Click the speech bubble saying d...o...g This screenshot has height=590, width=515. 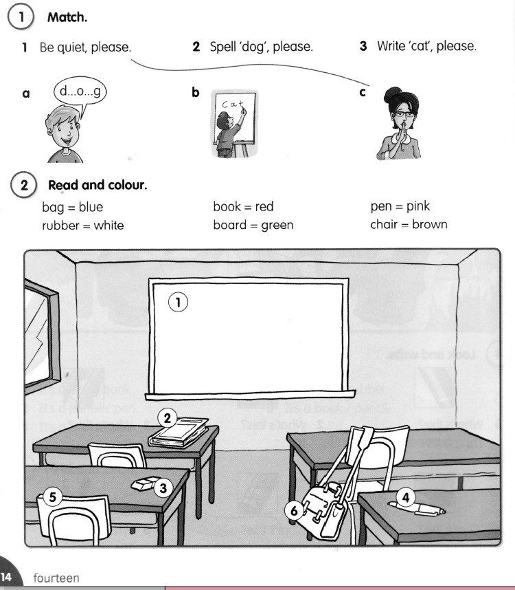pos(80,92)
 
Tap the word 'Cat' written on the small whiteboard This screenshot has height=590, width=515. pos(233,104)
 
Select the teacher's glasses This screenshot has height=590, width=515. pos(404,114)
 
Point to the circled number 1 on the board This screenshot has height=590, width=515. pos(178,302)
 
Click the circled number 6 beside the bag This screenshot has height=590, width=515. pos(294,511)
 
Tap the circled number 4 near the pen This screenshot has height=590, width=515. pos(406,497)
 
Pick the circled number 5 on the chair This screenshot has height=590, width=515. pos(53,496)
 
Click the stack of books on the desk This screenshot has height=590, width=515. pos(179,433)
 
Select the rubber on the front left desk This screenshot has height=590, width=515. pos(145,484)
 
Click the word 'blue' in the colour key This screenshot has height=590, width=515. pos(91,207)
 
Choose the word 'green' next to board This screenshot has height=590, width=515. pos(277,226)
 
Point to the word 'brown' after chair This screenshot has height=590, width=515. pos(430,224)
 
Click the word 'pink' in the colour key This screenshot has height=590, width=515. pos(418,206)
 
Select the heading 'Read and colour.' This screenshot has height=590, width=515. pos(98,185)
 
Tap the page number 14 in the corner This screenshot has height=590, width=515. pos(5,577)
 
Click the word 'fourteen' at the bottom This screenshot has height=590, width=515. pos(56,578)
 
